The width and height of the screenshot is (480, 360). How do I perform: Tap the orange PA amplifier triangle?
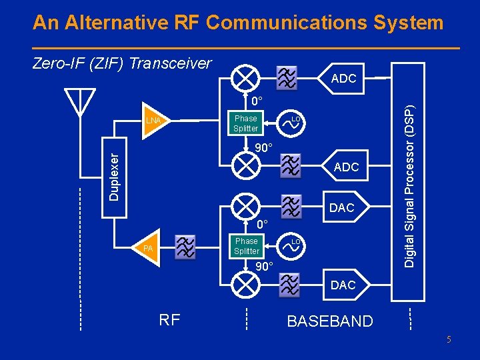tap(151, 248)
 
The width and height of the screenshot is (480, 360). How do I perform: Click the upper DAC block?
tap(342, 208)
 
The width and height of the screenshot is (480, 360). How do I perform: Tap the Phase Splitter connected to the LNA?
tap(245, 123)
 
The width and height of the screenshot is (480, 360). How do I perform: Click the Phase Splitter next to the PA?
tap(246, 246)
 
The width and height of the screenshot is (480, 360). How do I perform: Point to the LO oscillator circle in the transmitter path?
tap(293, 246)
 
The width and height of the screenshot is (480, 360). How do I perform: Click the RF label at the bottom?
tap(169, 320)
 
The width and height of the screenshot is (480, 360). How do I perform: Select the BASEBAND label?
tap(329, 321)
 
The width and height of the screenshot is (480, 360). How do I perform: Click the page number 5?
tap(449, 340)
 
